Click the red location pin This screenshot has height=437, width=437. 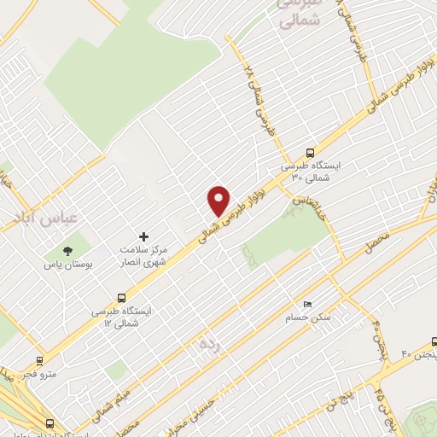point(219,200)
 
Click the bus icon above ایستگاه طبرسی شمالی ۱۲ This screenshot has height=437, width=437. point(121,299)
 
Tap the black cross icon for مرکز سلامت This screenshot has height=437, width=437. point(143,236)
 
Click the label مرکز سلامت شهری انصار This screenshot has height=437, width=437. point(143,255)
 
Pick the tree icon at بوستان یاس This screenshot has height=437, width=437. point(67,250)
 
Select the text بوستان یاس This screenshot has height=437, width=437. point(67,265)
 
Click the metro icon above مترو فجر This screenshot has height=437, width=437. point(39,361)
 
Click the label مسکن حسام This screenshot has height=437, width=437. point(308,318)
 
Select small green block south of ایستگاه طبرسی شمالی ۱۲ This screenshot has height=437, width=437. point(117,370)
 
